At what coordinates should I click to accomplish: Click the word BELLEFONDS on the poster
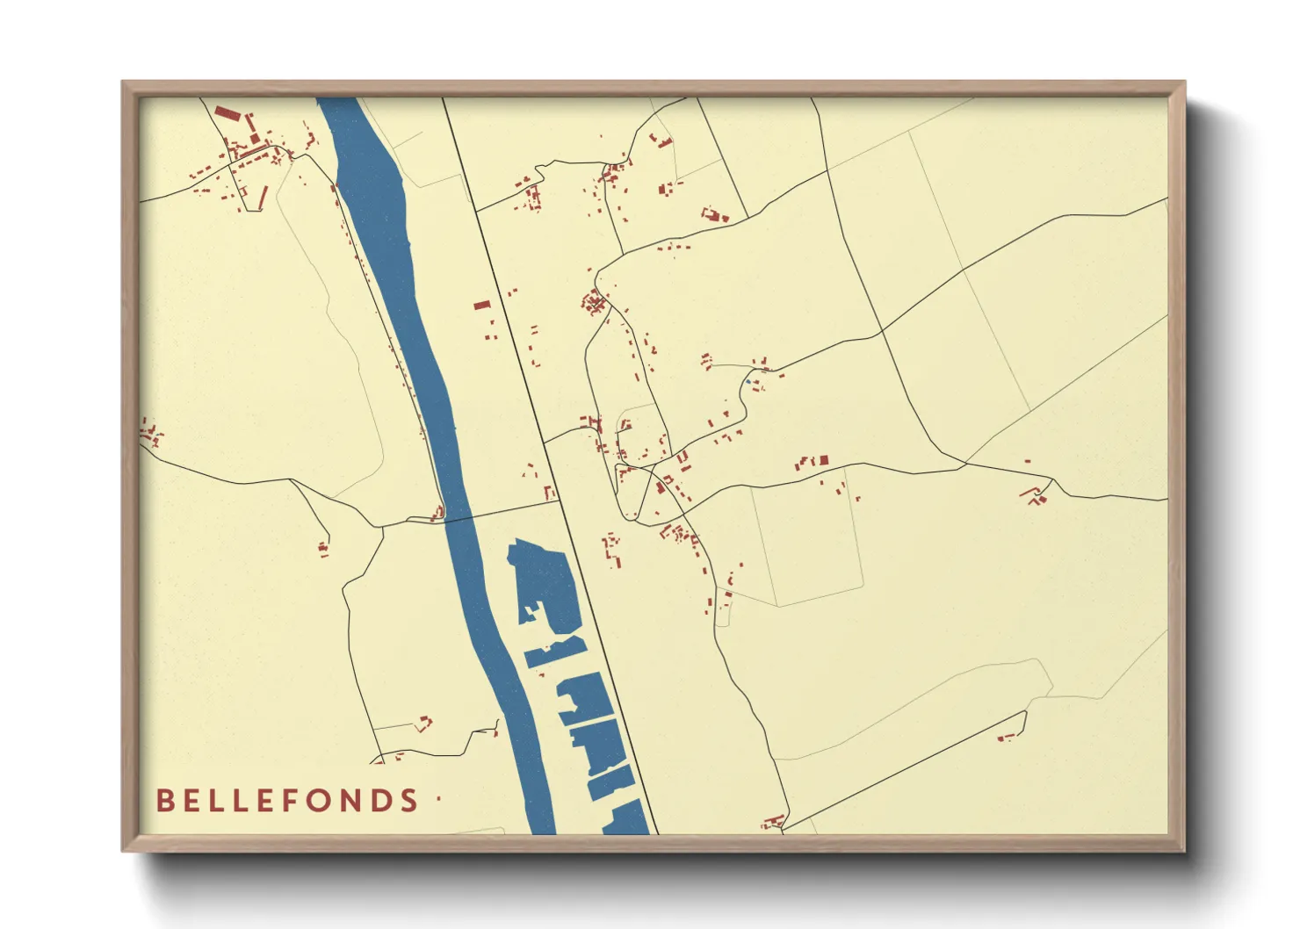286,800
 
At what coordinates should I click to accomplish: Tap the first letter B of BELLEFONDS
164,800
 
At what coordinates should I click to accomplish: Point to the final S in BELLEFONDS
408,800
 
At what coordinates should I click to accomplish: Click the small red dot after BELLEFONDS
438,798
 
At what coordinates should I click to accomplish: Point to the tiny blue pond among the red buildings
747,381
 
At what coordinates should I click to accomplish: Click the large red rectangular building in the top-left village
227,113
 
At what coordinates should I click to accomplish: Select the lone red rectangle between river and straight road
481,306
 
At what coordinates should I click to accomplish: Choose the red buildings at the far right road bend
1036,495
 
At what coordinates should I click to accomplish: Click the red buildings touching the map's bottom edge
773,823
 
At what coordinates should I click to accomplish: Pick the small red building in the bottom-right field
1007,736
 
